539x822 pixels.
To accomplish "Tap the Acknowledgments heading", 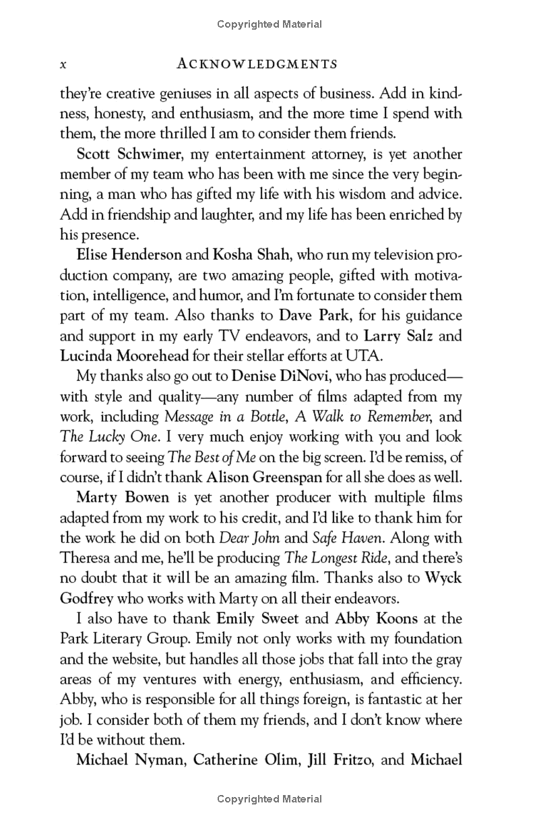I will click(255, 64).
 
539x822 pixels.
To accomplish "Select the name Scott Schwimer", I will click(129, 154).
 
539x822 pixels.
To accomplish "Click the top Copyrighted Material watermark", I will click(269, 24).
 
